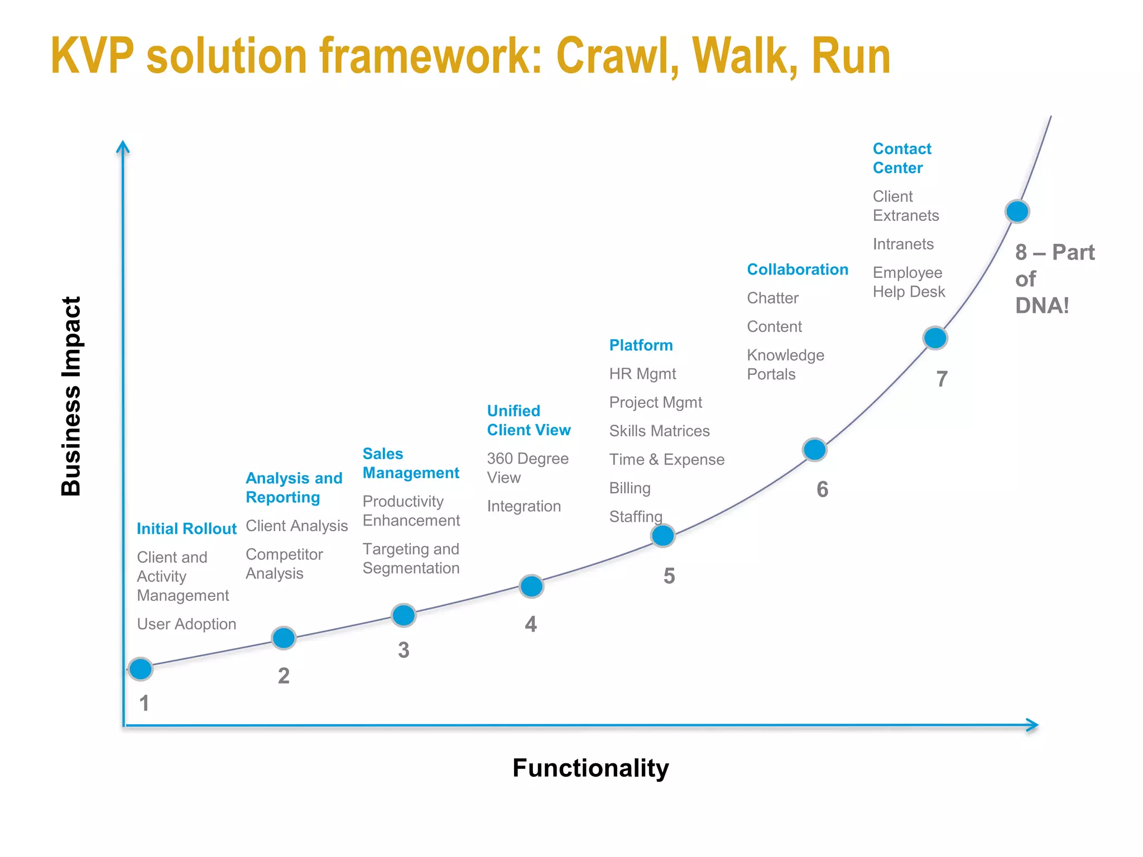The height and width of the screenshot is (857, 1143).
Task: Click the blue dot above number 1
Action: (x=140, y=668)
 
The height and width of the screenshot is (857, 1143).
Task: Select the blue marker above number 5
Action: (x=662, y=536)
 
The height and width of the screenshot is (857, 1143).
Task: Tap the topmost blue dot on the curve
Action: (x=1017, y=211)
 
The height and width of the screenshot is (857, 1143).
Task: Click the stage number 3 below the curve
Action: (x=404, y=650)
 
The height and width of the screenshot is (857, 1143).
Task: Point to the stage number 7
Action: (x=942, y=379)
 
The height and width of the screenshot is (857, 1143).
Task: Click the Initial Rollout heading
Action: (x=186, y=529)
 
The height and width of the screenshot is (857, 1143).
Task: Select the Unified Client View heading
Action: (x=528, y=421)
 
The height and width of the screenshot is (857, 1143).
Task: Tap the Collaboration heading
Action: (x=797, y=269)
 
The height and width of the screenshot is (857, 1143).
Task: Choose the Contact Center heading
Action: (x=901, y=158)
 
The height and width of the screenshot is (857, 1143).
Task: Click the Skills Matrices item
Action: (x=659, y=431)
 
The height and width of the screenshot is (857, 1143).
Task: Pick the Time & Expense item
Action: (x=666, y=460)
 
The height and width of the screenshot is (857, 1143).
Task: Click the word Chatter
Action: (x=772, y=298)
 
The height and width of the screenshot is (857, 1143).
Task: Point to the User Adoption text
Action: (x=186, y=624)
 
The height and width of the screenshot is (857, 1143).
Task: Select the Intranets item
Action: (x=902, y=244)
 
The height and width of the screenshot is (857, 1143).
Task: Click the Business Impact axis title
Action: (x=71, y=396)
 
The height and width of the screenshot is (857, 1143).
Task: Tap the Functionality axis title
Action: (x=590, y=768)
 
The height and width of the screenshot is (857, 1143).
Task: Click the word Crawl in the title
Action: (x=617, y=57)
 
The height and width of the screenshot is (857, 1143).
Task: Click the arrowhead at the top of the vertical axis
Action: (x=123, y=146)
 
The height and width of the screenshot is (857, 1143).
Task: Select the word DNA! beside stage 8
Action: (x=1041, y=306)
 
